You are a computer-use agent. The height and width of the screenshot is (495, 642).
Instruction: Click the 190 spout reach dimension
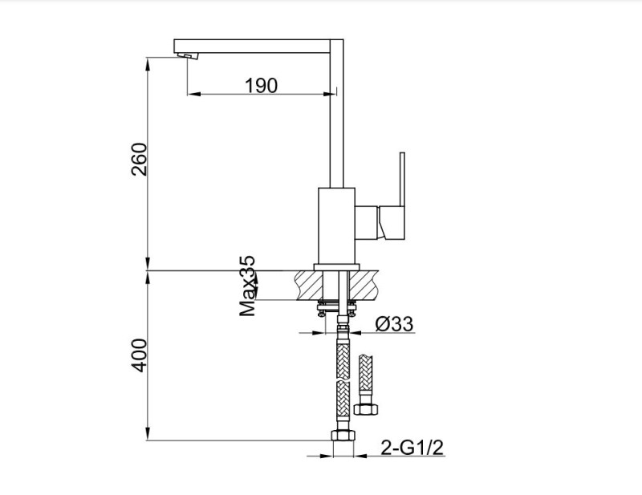pyautogui.click(x=262, y=86)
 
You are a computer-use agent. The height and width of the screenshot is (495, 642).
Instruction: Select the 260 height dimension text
pyautogui.click(x=139, y=160)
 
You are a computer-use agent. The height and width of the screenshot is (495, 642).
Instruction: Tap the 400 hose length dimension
pyautogui.click(x=139, y=355)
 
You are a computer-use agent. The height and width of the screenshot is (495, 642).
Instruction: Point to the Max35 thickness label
pyautogui.click(x=247, y=286)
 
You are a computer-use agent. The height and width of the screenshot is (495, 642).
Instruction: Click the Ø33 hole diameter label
pyautogui.click(x=394, y=324)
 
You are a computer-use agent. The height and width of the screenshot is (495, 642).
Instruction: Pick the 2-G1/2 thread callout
pyautogui.click(x=412, y=448)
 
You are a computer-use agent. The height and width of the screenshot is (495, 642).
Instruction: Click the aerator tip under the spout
pyautogui.click(x=187, y=56)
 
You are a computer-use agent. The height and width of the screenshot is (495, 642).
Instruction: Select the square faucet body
pyautogui.click(x=336, y=226)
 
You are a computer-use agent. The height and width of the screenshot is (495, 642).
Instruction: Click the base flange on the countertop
pyautogui.click(x=336, y=267)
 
